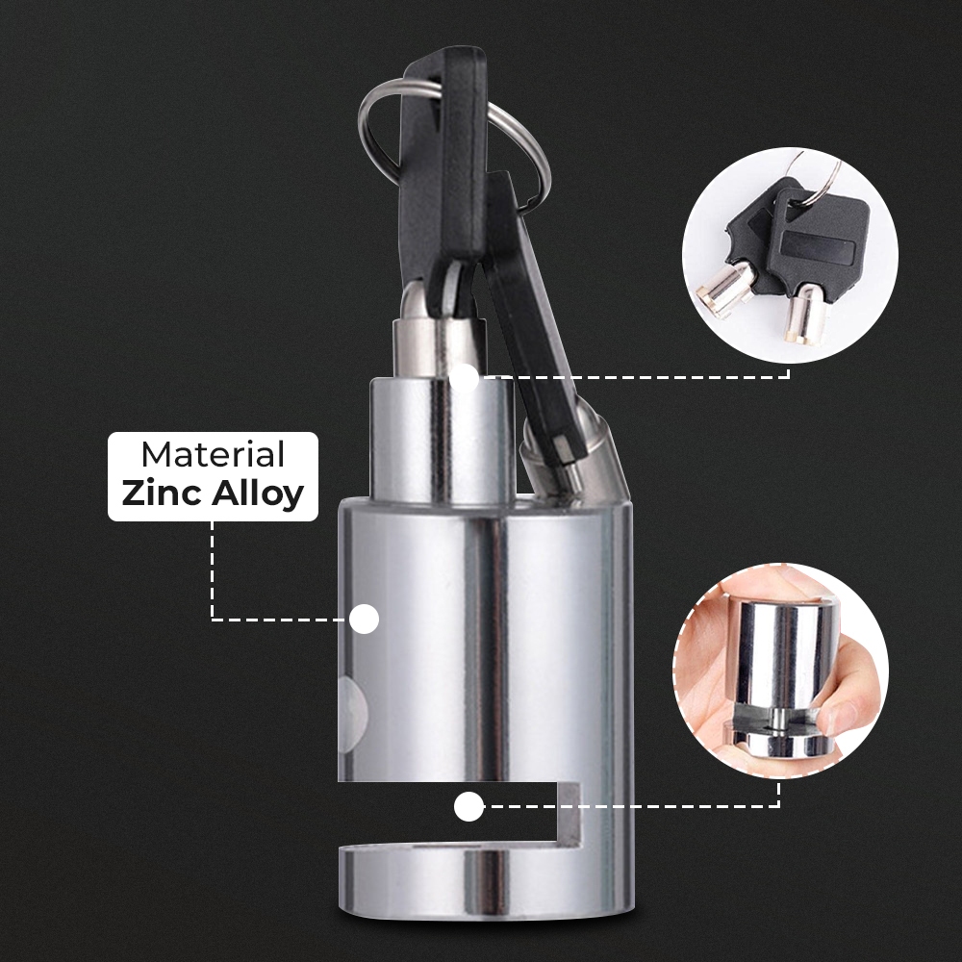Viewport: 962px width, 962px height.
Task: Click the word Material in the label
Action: click(x=213, y=455)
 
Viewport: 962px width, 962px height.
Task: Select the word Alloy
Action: click(x=258, y=494)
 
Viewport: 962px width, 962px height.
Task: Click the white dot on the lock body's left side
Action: click(x=364, y=619)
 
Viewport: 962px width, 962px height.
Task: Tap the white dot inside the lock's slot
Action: click(x=468, y=806)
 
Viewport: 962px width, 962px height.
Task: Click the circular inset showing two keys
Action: click(x=790, y=255)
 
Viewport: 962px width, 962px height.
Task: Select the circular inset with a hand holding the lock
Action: click(x=780, y=671)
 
